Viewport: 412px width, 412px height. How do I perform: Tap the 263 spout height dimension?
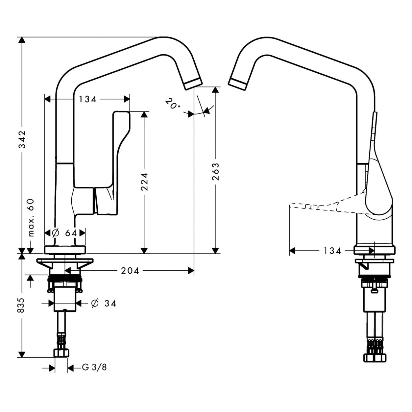(x=215, y=171)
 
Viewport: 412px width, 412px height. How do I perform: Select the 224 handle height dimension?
(x=144, y=182)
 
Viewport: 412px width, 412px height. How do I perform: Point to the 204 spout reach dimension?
(x=130, y=271)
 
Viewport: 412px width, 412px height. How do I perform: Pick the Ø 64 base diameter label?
(x=65, y=233)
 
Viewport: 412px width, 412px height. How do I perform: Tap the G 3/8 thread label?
(x=94, y=367)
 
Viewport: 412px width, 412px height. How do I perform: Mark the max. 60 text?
(x=31, y=218)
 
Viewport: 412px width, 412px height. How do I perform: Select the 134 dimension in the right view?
(x=332, y=251)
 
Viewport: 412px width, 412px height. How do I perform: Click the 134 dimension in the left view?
(x=87, y=99)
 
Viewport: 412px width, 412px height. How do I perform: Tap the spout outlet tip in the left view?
(x=193, y=84)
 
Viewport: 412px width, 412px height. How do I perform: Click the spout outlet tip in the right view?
(x=237, y=84)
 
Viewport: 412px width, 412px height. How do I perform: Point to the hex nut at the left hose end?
(x=61, y=353)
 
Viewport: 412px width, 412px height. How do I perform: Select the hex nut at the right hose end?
(x=375, y=357)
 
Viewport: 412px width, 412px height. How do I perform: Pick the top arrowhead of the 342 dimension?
(x=22, y=40)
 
